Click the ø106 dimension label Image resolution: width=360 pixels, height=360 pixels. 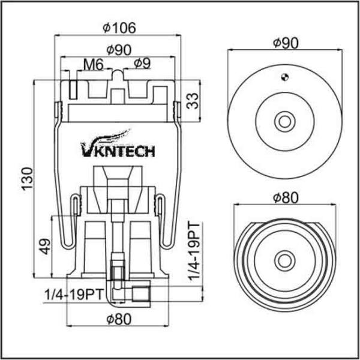tap(120, 27)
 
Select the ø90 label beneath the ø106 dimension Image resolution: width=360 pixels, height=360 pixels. tap(120, 50)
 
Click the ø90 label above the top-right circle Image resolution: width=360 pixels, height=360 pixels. tap(285, 43)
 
